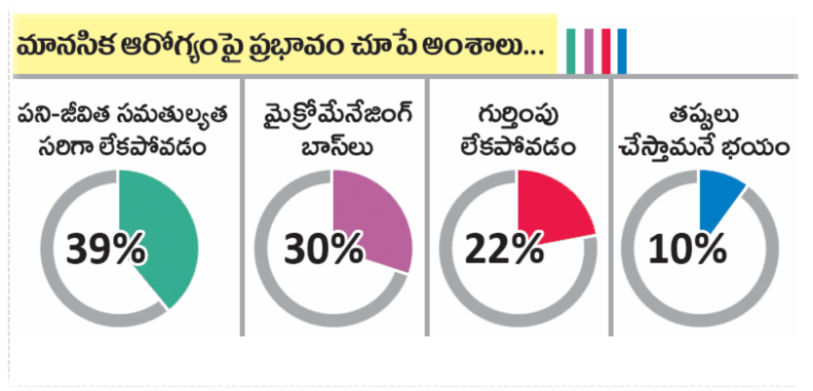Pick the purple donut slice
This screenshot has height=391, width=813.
(x=375, y=219)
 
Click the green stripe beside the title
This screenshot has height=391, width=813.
(x=573, y=51)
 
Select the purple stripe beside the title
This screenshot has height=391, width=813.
(x=589, y=51)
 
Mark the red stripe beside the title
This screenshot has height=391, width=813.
(x=605, y=51)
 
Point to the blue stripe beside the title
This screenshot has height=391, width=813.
(x=622, y=51)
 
